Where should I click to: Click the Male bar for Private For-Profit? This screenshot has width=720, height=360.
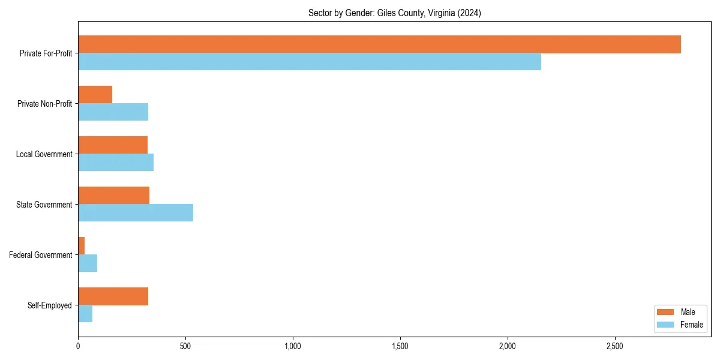click(379, 44)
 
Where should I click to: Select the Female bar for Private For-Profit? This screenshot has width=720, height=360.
click(310, 62)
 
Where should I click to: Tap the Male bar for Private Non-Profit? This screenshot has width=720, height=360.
click(95, 95)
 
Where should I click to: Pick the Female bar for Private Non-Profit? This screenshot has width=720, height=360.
click(113, 112)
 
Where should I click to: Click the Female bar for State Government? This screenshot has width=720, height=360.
click(136, 213)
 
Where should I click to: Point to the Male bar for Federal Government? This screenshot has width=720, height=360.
click(82, 246)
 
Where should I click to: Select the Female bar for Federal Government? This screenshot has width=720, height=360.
click(88, 263)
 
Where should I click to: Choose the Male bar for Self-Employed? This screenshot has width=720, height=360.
click(113, 296)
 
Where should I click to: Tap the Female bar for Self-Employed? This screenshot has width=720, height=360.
click(85, 314)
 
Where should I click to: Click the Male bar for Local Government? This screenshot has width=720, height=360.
click(113, 145)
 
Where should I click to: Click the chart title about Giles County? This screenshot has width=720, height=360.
click(394, 13)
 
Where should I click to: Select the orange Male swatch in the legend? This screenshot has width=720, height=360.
click(666, 312)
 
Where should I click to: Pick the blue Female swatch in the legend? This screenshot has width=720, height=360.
click(666, 325)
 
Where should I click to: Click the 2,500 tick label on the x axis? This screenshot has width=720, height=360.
click(615, 346)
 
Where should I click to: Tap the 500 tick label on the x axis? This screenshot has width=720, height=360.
click(185, 346)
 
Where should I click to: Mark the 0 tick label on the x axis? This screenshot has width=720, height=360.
click(78, 346)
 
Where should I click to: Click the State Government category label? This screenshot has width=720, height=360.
click(44, 205)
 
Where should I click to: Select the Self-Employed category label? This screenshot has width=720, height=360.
click(50, 305)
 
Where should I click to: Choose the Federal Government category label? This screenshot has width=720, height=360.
click(41, 255)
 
